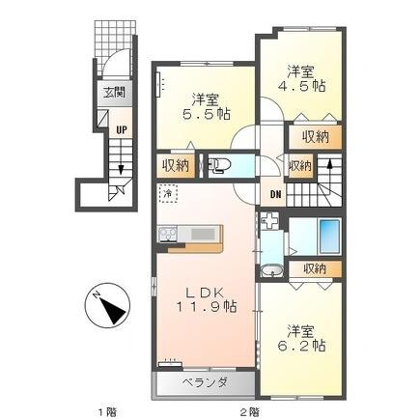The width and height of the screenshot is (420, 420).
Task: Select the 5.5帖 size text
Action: tap(210, 112)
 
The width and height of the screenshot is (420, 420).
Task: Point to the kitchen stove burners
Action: tap(167, 236)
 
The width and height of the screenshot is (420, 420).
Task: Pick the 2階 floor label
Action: tap(251, 409)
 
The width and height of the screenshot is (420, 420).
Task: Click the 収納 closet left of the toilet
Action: tap(176, 165)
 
